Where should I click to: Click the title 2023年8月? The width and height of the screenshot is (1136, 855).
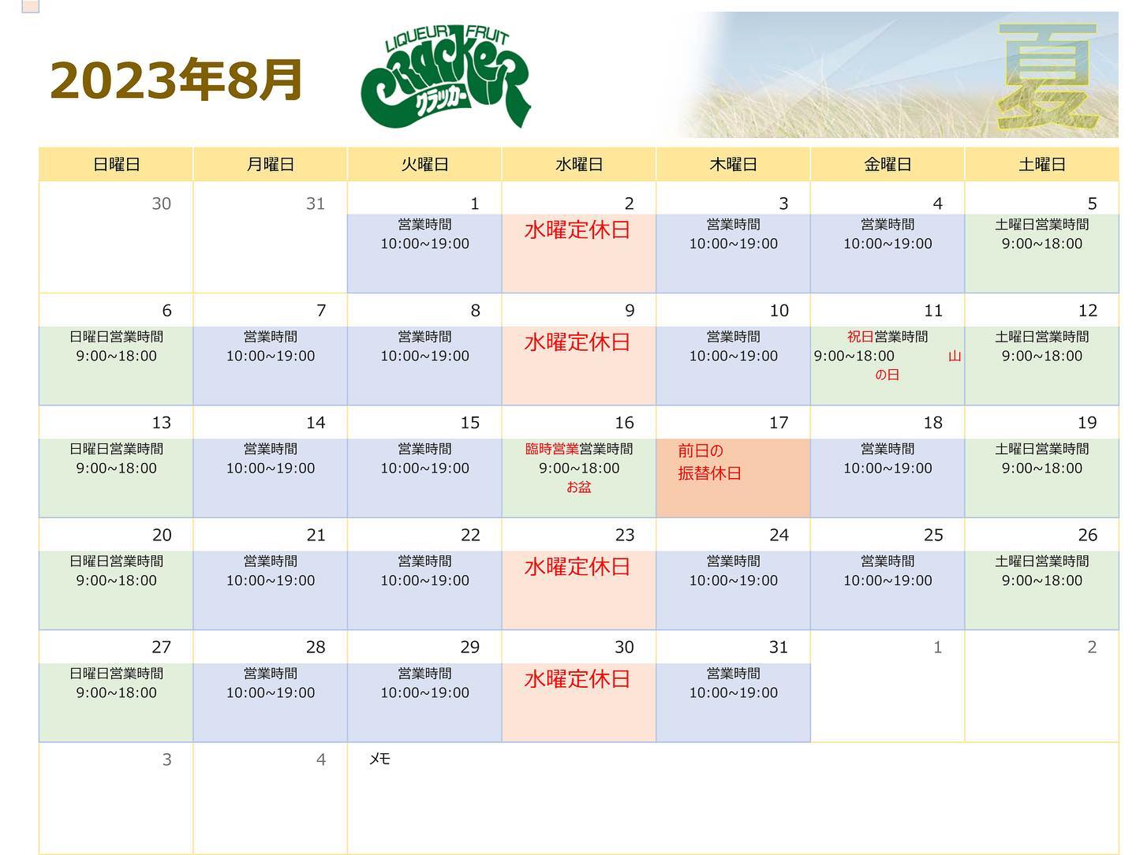point(175,80)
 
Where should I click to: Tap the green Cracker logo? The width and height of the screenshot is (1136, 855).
point(445,76)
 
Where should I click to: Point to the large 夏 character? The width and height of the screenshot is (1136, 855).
point(1047,76)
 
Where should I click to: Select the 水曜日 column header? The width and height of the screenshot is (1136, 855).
point(578,165)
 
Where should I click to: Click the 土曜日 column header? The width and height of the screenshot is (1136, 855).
point(1041,165)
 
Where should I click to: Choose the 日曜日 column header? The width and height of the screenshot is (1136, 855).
point(117,165)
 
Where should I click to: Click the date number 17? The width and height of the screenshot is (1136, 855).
point(779,423)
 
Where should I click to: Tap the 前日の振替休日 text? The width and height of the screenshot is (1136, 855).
point(709,462)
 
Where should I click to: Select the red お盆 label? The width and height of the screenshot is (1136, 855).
point(578,487)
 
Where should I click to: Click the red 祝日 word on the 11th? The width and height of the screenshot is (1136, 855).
point(860,337)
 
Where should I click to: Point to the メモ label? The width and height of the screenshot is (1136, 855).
point(379,759)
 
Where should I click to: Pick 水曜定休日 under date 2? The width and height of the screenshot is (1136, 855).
point(577,230)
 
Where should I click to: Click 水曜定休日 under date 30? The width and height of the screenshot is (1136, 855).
point(577,679)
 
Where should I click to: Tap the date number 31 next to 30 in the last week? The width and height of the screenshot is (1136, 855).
point(779,647)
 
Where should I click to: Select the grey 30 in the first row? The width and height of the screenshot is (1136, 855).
point(161,203)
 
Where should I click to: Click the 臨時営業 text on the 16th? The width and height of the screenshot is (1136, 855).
point(551,449)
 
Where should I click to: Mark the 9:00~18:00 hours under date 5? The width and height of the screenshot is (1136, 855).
point(1041,244)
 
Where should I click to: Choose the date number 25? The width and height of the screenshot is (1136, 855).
point(933,535)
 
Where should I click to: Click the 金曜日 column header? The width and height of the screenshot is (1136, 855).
point(887,165)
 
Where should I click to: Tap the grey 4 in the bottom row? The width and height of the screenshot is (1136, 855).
point(321,760)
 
